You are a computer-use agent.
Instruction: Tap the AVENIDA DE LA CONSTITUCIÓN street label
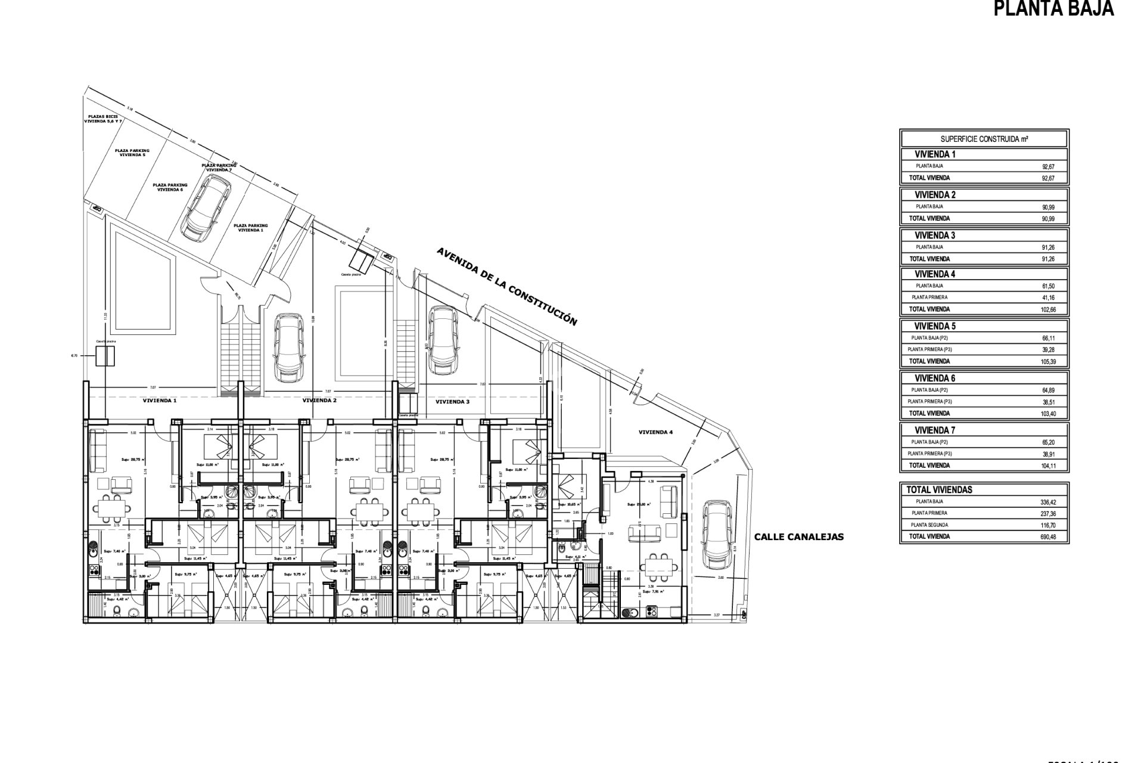point(506,286)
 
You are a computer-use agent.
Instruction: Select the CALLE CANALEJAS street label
point(799,536)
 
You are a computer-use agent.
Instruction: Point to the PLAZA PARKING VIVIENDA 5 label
point(132,152)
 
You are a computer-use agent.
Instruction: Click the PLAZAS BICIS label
point(103,119)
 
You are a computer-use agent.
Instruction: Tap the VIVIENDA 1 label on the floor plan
point(160,401)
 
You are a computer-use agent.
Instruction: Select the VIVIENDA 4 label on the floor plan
point(655,432)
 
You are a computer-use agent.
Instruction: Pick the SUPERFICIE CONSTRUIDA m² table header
point(984,139)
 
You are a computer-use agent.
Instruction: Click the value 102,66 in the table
point(1048,309)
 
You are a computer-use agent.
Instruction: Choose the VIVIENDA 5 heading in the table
point(935,326)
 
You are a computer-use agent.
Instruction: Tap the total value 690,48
point(1048,536)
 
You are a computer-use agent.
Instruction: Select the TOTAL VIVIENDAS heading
point(939,489)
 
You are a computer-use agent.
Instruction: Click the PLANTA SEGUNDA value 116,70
point(1048,525)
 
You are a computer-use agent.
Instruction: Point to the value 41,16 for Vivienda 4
point(1048,297)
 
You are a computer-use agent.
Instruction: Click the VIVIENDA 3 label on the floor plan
point(452,402)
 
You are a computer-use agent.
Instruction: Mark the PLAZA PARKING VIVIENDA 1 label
point(251,227)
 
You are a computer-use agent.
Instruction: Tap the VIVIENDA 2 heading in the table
point(935,194)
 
